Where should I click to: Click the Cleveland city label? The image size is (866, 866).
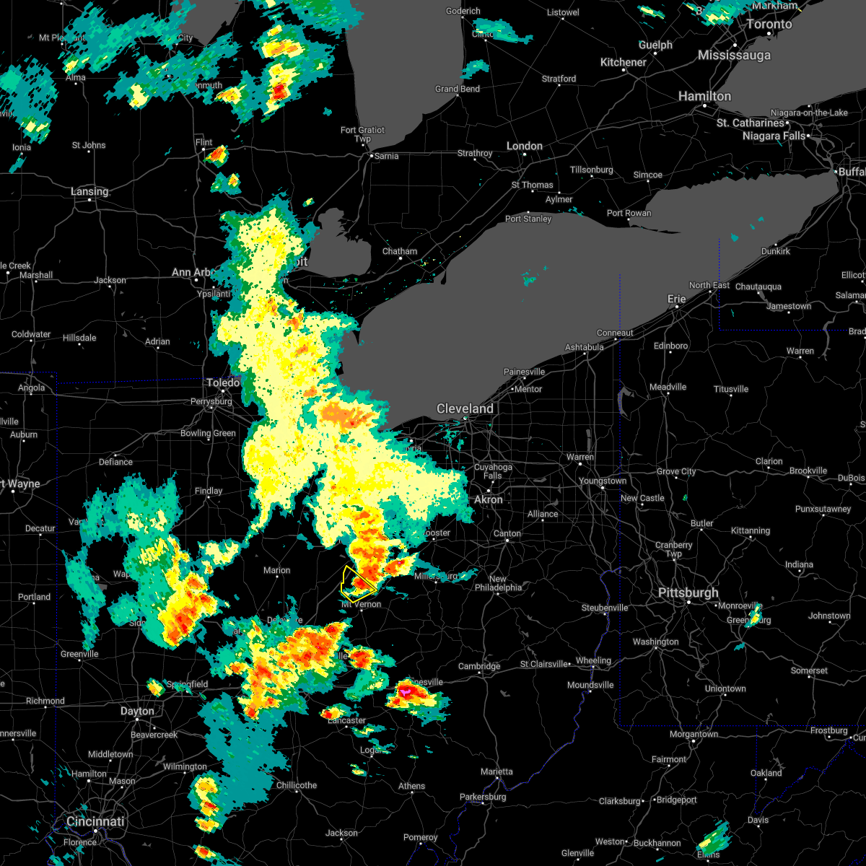465,408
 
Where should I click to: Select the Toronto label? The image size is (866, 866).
769,24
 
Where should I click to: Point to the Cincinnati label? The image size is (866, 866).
95,821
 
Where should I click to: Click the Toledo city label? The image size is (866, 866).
223,382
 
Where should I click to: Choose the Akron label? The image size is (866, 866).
489,499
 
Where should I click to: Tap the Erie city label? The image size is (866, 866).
676,299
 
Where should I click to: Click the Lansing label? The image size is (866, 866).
89,191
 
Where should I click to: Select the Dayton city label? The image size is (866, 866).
137,711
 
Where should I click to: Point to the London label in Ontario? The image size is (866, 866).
524,146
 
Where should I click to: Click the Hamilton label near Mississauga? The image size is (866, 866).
704,96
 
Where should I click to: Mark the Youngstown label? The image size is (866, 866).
603,481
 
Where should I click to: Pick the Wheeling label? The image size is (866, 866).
593,660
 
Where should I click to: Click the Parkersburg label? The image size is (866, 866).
483,797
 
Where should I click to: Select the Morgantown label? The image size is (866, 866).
694,734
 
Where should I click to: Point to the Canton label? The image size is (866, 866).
507,533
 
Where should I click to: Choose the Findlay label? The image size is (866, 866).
209,491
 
